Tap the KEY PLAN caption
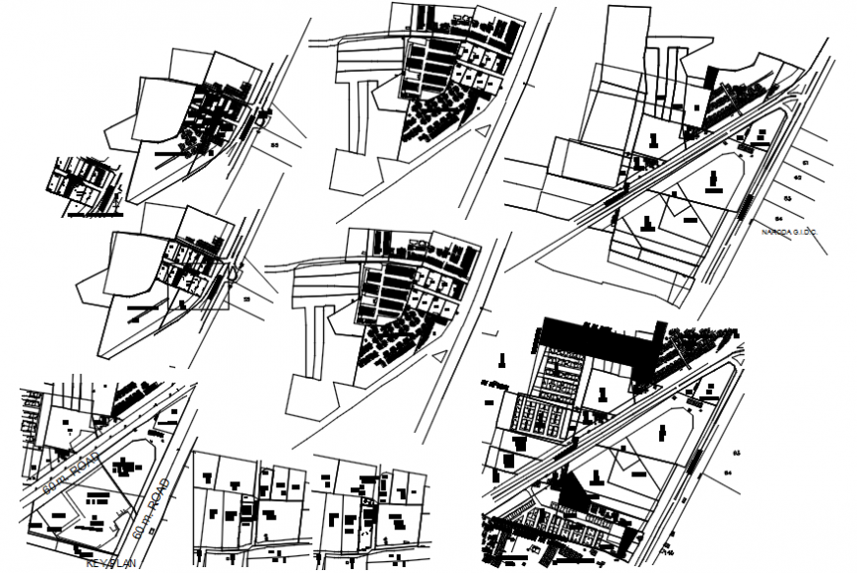pos(108,565)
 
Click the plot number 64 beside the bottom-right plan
pos(729,474)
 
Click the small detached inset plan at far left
pos(85,184)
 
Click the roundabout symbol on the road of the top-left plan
pos(262,119)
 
